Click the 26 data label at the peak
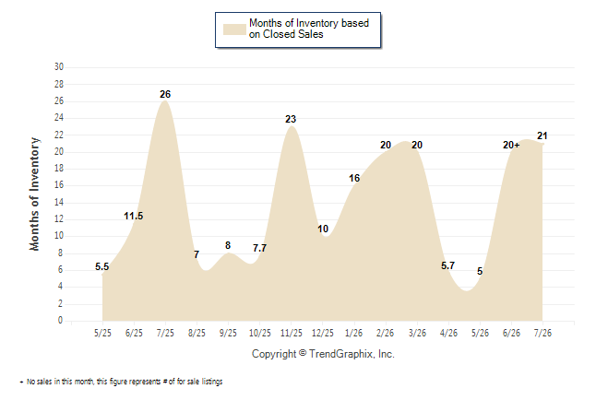(x=165, y=94)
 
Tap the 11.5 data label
(x=134, y=217)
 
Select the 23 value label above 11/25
(x=291, y=119)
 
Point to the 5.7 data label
(x=447, y=265)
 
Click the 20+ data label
(x=511, y=145)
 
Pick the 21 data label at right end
(x=542, y=135)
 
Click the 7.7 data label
(x=259, y=248)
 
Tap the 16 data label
(x=354, y=178)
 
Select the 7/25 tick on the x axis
(x=165, y=333)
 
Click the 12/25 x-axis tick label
(x=323, y=333)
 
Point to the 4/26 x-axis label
(x=448, y=333)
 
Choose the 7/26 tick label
(x=542, y=333)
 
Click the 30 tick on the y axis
(x=59, y=67)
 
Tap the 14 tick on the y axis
(x=59, y=202)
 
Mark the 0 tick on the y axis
(x=60, y=320)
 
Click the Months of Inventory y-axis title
(x=34, y=194)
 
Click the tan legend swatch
(x=234, y=29)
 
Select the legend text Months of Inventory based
(x=309, y=23)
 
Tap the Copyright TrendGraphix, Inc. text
(x=323, y=354)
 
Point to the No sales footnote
(x=122, y=382)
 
